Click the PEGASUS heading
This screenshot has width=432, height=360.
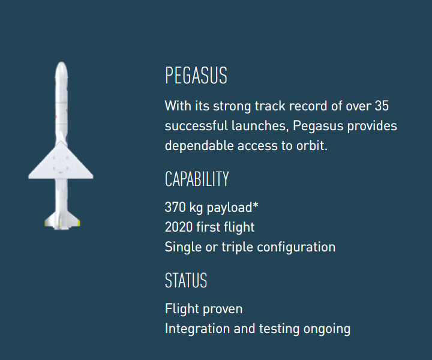pyautogui.click(x=196, y=75)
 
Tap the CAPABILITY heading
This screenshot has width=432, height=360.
pyautogui.click(x=197, y=179)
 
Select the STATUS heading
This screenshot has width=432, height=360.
pyautogui.click(x=186, y=280)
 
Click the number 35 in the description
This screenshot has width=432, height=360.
pyautogui.click(x=382, y=106)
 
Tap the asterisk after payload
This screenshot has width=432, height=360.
pyautogui.click(x=256, y=205)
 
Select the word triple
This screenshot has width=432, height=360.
pyautogui.click(x=237, y=248)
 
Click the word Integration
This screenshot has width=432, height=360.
pyautogui.click(x=197, y=329)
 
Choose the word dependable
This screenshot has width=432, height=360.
pyautogui.click(x=199, y=145)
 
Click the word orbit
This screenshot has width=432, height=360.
pyautogui.click(x=311, y=145)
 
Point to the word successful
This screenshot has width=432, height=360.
pyautogui.click(x=196, y=125)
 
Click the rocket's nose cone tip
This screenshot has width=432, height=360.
pyautogui.click(x=61, y=62)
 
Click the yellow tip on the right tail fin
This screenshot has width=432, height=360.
pyautogui.click(x=78, y=223)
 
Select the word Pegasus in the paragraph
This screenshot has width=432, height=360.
pyautogui.click(x=317, y=127)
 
